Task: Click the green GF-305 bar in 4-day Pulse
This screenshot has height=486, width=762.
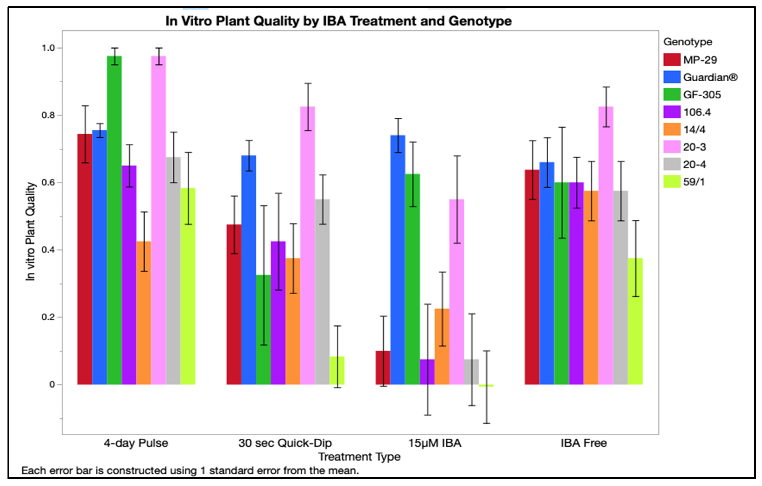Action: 114,222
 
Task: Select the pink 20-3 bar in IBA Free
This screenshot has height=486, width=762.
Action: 606,247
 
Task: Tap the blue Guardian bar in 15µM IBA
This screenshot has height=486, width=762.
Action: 398,259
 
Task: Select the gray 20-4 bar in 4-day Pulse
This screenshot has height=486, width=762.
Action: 173,272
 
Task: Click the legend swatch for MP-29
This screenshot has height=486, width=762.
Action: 672,60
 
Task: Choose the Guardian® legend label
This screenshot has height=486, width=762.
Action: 710,77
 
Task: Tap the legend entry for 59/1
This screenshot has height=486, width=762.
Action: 694,182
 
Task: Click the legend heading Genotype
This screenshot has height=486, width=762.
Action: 688,42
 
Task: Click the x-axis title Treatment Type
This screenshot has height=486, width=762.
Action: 359,457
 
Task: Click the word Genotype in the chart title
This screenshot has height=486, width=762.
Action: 480,21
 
